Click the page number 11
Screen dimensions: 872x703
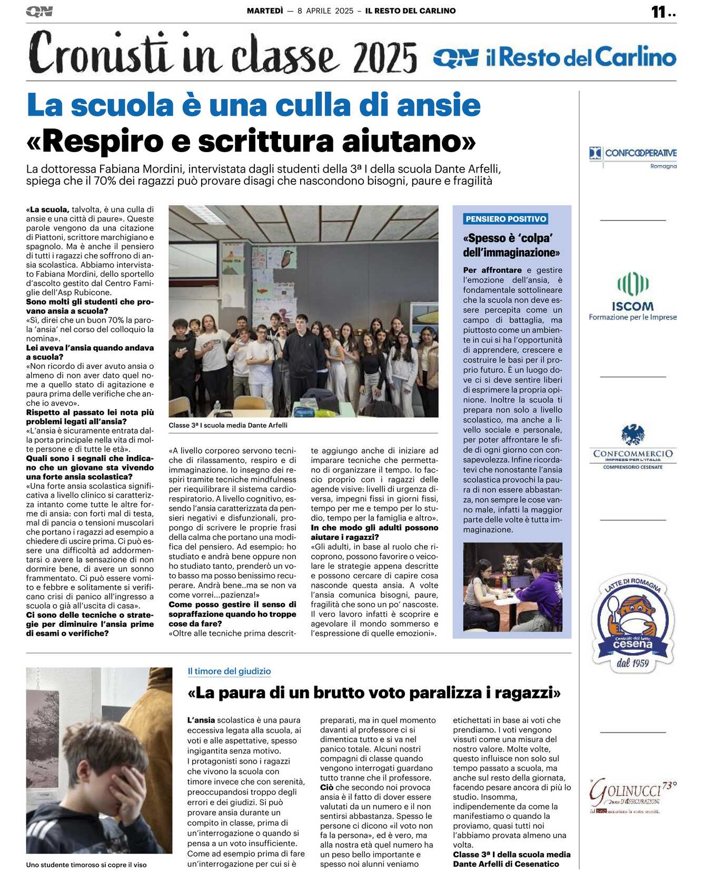pos(658,12)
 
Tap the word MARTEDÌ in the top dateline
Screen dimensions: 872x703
pos(265,11)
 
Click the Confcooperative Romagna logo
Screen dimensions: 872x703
pos(632,156)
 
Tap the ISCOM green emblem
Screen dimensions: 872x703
pos(632,284)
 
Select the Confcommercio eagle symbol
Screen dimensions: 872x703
pos(632,435)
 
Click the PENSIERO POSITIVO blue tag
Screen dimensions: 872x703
pos(506,219)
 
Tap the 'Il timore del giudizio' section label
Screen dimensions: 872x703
pos(229,671)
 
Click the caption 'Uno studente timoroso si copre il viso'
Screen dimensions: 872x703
pos(86,865)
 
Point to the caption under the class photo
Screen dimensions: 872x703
pos(228,425)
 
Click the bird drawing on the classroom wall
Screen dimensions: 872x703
pos(286,259)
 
